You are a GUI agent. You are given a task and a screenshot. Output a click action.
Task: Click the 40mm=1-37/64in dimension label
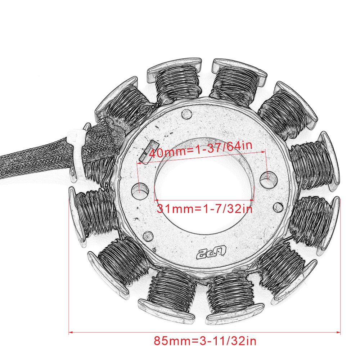coord(201,149)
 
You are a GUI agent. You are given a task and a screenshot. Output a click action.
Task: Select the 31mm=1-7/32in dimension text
coord(204,209)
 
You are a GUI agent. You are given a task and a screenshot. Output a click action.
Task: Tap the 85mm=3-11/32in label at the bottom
coord(205,341)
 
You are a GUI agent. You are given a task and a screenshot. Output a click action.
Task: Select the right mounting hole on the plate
coord(268,179)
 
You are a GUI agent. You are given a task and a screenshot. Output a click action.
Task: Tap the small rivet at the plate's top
coord(186,114)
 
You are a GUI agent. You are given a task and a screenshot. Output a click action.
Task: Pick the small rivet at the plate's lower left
coord(148,236)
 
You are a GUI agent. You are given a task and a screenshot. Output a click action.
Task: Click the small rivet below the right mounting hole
coord(278,207)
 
